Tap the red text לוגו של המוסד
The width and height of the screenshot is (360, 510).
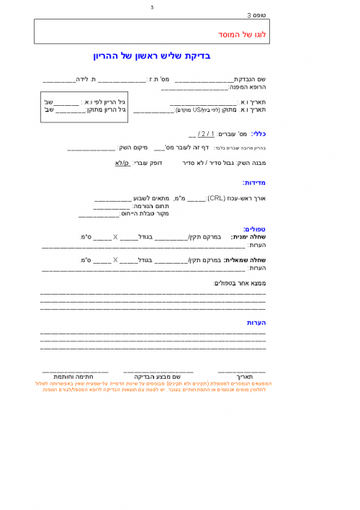coord(242,34)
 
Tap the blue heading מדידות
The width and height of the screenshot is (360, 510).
coord(254,182)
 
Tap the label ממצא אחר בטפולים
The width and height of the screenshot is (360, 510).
coord(240,283)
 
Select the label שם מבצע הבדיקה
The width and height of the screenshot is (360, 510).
coord(157,376)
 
